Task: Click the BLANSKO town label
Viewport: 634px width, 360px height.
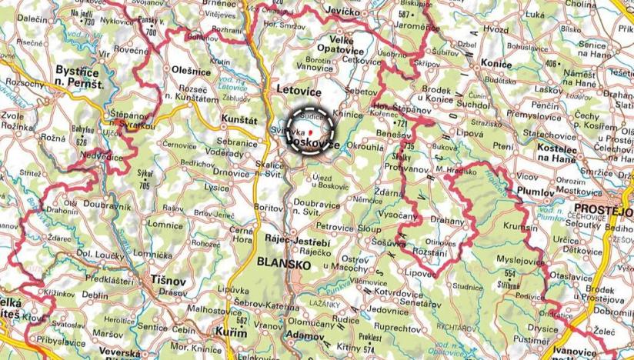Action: point(279,264)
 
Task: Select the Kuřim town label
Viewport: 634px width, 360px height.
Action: point(233,333)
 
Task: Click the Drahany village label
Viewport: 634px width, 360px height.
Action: point(449,221)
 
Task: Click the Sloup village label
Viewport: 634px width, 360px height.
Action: point(369,228)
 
